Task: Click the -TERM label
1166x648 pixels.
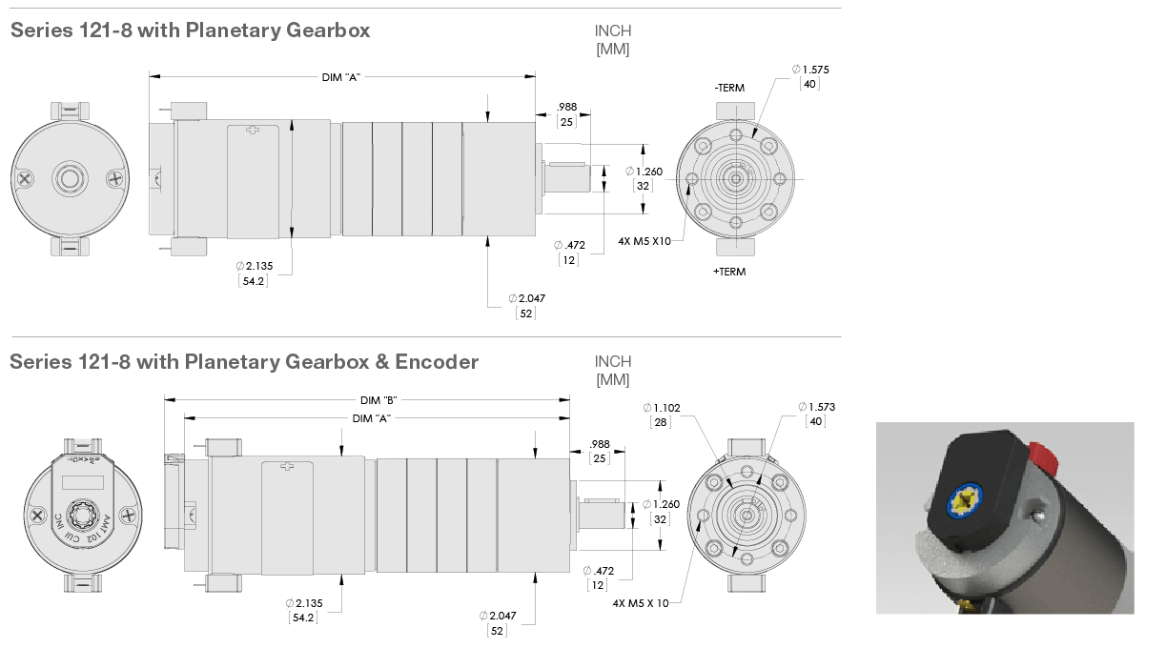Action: point(729,88)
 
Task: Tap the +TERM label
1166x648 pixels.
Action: point(729,272)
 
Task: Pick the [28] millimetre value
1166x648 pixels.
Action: point(662,421)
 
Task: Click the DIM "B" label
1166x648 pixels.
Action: point(378,399)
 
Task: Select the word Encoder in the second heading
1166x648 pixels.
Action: point(437,362)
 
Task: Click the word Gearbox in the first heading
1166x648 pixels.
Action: point(327,30)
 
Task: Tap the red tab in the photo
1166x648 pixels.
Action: point(1045,459)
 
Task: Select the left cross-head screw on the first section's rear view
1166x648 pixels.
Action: point(23,177)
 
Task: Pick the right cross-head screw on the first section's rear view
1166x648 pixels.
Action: point(115,177)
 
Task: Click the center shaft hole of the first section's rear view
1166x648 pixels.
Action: point(69,177)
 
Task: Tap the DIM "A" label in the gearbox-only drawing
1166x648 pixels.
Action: point(340,77)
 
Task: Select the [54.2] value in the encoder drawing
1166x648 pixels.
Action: point(303,618)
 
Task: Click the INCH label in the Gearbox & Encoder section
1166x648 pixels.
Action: point(613,362)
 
